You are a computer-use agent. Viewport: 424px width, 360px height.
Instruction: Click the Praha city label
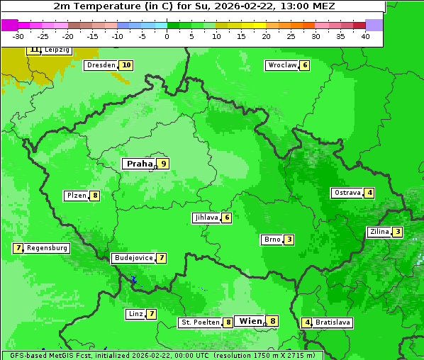pos(140,164)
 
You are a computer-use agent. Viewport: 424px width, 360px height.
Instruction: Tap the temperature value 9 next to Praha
pos(164,164)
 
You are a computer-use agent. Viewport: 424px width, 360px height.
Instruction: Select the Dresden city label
pos(101,65)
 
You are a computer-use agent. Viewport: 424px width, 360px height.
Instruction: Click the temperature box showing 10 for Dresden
pos(126,65)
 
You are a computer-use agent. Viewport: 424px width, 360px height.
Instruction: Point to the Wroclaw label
pos(281,65)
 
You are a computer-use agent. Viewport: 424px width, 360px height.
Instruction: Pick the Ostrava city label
pos(347,193)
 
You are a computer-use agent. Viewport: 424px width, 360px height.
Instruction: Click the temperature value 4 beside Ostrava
pos(369,193)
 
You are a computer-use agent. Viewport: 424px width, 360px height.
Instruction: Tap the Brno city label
pos(272,240)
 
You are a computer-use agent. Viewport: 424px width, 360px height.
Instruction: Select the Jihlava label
pos(206,218)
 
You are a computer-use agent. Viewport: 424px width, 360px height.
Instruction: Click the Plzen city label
pos(76,196)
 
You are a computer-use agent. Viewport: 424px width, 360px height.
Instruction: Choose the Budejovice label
pos(133,258)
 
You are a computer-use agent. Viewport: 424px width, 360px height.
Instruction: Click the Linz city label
pos(135,314)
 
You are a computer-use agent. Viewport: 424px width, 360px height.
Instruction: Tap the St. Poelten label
pos(199,322)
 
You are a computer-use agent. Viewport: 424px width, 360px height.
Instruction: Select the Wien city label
pos(250,321)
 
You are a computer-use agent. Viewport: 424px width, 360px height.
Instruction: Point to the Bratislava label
pos(333,322)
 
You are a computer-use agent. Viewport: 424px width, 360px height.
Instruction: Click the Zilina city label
pos(379,232)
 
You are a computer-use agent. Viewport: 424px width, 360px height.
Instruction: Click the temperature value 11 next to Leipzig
pos(34,50)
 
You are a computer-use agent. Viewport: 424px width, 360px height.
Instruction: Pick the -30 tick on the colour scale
pos(18,35)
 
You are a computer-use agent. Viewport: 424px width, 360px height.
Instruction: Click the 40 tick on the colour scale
pos(365,35)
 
